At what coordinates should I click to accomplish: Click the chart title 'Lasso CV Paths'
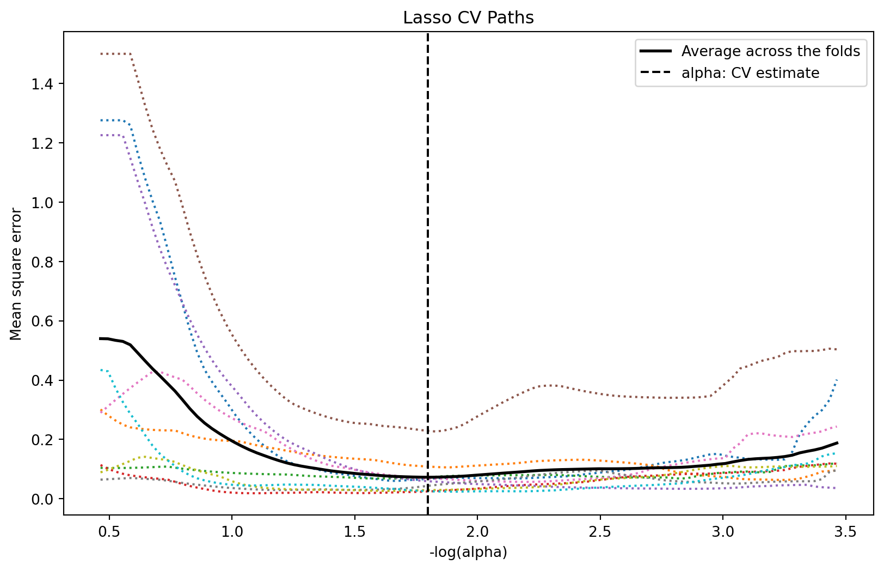click(x=468, y=18)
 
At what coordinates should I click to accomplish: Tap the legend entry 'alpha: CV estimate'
click(x=750, y=73)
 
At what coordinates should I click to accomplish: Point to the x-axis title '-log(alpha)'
click(x=468, y=552)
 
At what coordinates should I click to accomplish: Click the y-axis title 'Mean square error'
click(x=16, y=274)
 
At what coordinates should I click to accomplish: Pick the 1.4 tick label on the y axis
click(x=46, y=84)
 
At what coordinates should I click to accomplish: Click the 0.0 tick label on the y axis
click(x=46, y=499)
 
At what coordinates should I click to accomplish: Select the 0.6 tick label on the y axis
click(x=46, y=321)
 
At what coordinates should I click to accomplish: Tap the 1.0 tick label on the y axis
click(x=46, y=203)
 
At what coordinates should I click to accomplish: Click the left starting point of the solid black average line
click(x=100, y=338)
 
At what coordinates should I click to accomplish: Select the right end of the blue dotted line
click(x=836, y=380)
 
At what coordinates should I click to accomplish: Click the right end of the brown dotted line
click(x=837, y=349)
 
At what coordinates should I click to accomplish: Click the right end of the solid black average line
click(x=837, y=443)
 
